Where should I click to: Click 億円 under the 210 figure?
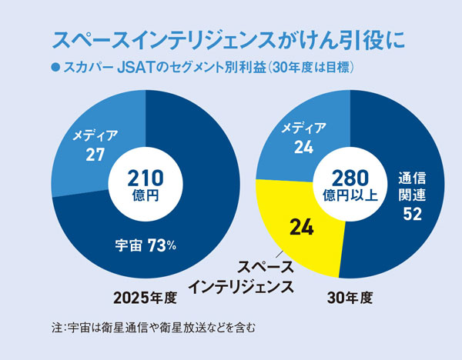pyautogui.click(x=146, y=196)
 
